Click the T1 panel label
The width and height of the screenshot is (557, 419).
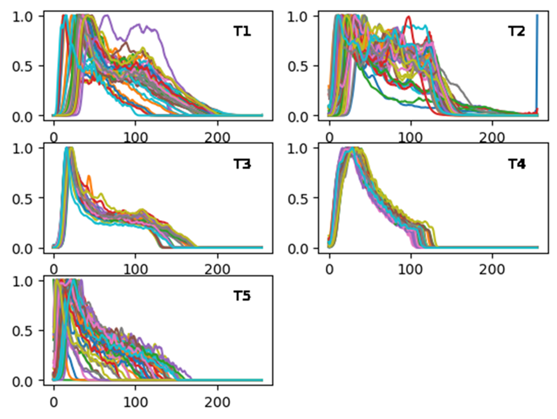[242, 32]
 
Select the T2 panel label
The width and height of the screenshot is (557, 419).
[517, 32]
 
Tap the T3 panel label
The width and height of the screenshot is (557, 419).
[242, 164]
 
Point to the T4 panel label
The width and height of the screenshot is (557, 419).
[517, 164]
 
